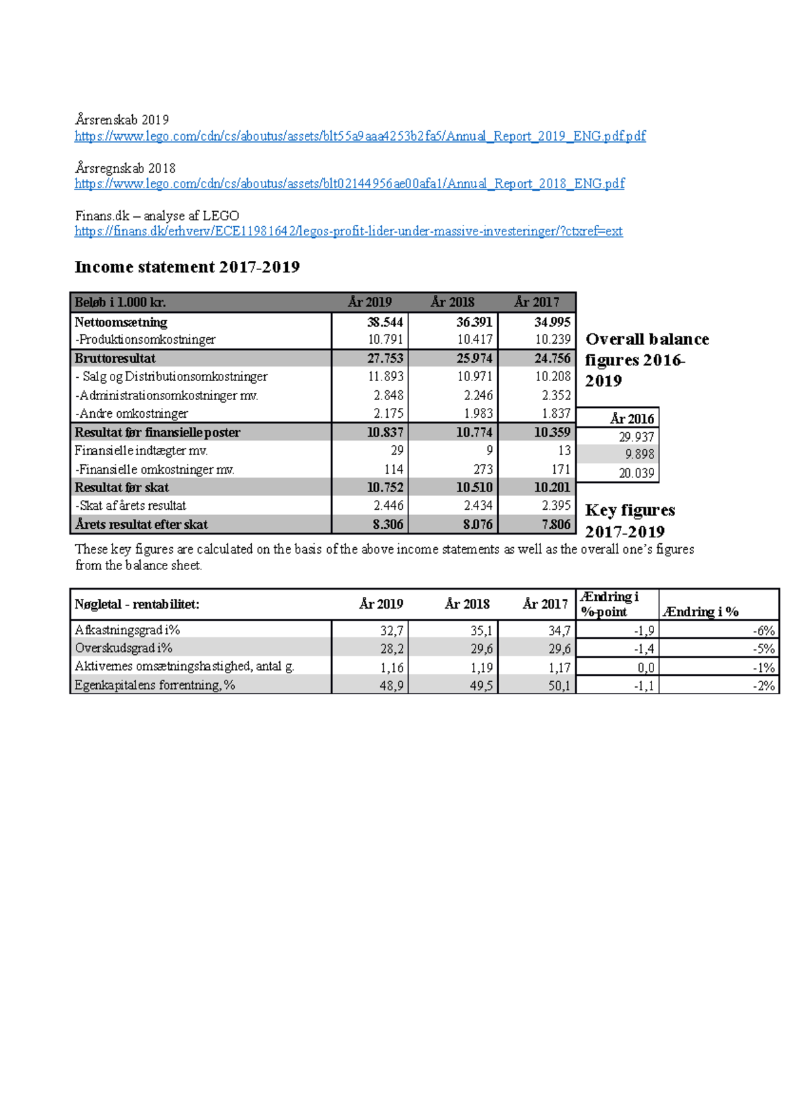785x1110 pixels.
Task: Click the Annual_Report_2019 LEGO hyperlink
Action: pos(360,136)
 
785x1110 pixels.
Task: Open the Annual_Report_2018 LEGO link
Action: pos(349,184)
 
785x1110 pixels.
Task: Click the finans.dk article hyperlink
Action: pos(348,231)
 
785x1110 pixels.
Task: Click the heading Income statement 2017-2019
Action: pos(187,267)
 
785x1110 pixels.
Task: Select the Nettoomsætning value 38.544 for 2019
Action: pos(385,322)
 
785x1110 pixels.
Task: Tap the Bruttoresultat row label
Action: pos(115,358)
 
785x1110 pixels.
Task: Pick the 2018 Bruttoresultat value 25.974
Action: pos(474,358)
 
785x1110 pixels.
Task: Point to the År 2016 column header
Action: pos(631,418)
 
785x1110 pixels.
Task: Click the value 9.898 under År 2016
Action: pos(639,454)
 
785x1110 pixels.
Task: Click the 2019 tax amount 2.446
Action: pos(388,505)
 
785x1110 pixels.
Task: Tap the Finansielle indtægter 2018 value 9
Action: pos(489,450)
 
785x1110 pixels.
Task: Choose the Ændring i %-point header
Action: pos(609,604)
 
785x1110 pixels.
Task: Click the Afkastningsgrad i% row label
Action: pos(128,630)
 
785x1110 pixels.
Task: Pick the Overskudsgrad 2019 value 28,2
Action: pos(391,648)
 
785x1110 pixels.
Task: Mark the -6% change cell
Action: pos(763,631)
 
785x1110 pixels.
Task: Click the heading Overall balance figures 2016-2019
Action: pos(646,360)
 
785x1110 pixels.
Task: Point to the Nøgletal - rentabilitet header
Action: pos(137,604)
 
